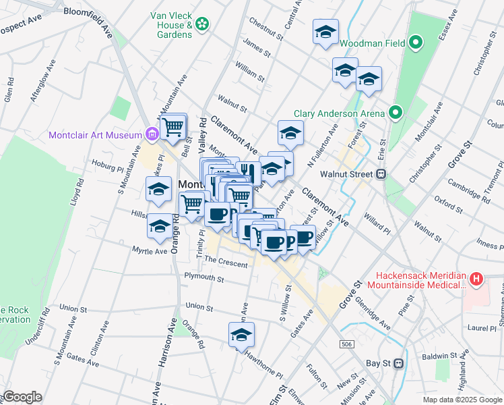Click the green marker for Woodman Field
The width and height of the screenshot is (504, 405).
tap(416, 44)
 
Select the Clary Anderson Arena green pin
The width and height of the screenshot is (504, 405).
tap(395, 113)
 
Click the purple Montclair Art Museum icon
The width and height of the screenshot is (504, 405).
tap(152, 134)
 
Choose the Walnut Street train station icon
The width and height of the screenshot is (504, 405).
tap(381, 174)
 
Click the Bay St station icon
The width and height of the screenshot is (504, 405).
tap(398, 363)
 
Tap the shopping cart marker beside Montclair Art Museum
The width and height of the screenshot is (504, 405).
tap(173, 126)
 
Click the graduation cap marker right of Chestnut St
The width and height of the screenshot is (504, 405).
tap(326, 32)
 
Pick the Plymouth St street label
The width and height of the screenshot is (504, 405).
tap(204, 277)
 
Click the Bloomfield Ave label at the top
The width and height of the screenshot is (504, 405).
tap(88, 12)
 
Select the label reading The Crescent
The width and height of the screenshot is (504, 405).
tap(226, 263)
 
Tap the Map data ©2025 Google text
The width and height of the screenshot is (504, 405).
tap(462, 400)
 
